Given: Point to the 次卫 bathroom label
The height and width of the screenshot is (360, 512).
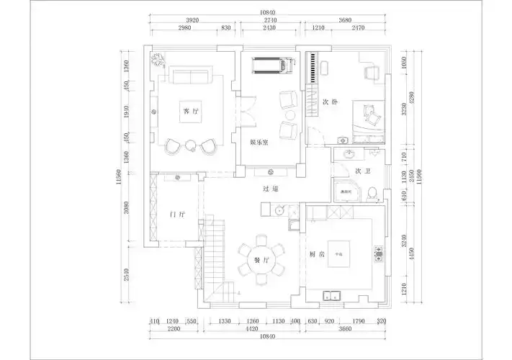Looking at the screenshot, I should coord(363,171).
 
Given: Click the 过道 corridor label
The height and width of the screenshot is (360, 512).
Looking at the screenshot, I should coord(270,189).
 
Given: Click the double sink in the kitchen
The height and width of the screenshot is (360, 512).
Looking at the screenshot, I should coord(333,294).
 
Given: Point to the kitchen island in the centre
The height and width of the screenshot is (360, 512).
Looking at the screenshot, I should coord(338,254).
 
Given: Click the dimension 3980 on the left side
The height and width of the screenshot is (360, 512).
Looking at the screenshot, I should coord(126,209).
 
